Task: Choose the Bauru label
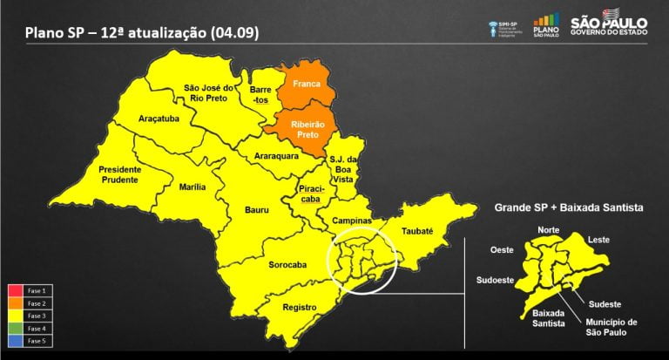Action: click(x=256, y=210)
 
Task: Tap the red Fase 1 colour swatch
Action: click(x=16, y=289)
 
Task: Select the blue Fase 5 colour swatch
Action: click(x=16, y=342)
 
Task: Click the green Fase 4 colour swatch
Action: click(x=16, y=329)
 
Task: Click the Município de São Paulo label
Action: click(x=608, y=327)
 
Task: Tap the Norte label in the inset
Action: click(x=549, y=230)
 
